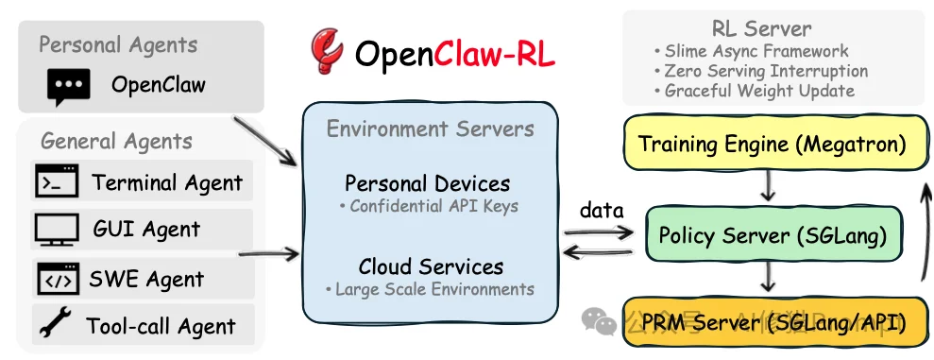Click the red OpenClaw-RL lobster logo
click(327, 53)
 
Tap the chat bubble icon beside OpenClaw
click(68, 87)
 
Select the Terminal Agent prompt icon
click(57, 181)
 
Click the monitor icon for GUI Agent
click(57, 230)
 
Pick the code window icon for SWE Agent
click(57, 279)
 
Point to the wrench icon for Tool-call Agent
click(55, 326)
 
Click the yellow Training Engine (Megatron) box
click(772, 145)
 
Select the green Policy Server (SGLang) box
click(772, 236)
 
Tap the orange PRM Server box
click(772, 324)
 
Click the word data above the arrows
click(600, 210)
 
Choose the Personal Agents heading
click(118, 44)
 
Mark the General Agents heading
click(116, 141)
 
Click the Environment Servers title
click(430, 129)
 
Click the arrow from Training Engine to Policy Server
click(768, 188)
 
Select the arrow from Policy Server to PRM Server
click(768, 278)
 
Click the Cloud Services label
click(431, 266)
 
